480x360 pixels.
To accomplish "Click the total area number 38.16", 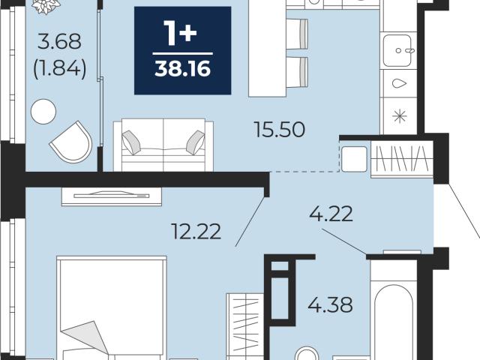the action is pos(183,68).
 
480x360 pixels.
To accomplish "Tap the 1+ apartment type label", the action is pos(180,33).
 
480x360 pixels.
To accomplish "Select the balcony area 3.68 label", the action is pos(60,41).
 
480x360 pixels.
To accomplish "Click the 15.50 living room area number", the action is pos(280,129).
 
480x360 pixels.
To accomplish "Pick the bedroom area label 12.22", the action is pos(196,232).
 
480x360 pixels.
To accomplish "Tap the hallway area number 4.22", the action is pos(331,214).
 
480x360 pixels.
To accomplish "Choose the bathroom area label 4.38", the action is pos(330,305).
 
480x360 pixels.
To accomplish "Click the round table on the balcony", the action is pos(43,112).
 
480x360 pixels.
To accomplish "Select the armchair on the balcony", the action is pos(72,142).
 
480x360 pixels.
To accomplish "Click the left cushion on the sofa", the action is pos(131,142).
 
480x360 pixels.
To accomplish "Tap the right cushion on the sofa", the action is pos(196,142).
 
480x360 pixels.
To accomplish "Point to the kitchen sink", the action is pos(397,50).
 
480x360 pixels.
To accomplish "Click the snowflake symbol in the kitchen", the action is pos(400,117).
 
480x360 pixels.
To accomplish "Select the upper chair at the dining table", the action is pos(297,34).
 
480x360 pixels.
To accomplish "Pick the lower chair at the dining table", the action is pos(297,72).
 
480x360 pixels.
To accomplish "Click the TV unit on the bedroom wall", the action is pos(112,196).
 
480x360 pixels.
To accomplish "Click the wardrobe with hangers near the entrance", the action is pos(402,159).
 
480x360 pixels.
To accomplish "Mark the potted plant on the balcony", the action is pos(46,7).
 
